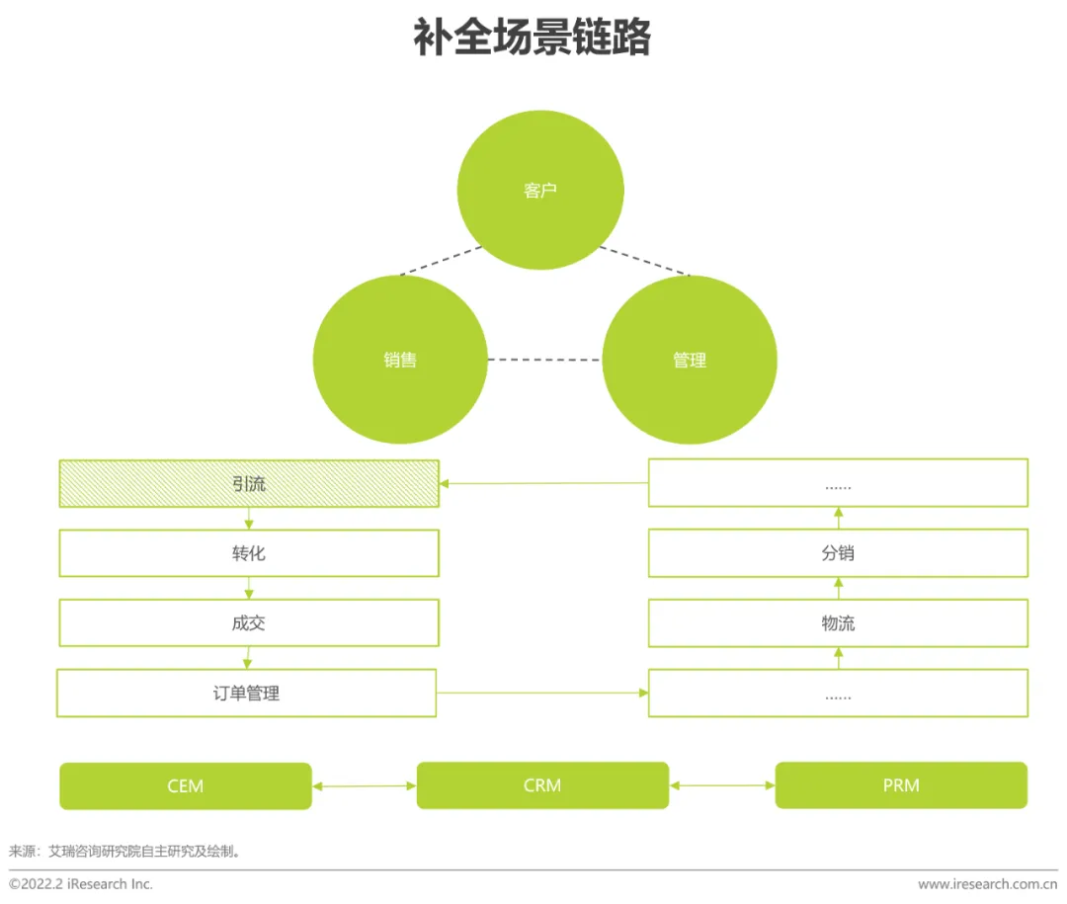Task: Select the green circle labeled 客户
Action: click(x=540, y=191)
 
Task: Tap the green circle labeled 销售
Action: click(x=400, y=360)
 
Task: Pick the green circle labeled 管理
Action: click(x=690, y=360)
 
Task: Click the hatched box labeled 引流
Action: click(x=249, y=484)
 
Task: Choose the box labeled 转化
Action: click(x=249, y=553)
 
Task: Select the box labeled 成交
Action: click(x=249, y=623)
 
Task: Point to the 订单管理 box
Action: click(x=246, y=693)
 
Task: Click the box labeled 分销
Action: click(x=838, y=553)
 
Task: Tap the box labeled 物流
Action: click(x=838, y=623)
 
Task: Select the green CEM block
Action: click(x=186, y=786)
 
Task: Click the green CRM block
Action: click(x=542, y=785)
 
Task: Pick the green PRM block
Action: click(x=901, y=785)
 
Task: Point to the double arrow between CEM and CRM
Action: click(x=364, y=786)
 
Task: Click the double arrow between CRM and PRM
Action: click(x=722, y=786)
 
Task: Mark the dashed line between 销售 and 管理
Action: click(x=544, y=360)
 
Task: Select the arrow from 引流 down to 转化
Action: click(x=249, y=519)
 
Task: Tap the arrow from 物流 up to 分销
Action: click(x=838, y=589)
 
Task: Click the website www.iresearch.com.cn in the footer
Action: click(x=987, y=884)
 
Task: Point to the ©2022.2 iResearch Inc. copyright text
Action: click(x=81, y=884)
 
